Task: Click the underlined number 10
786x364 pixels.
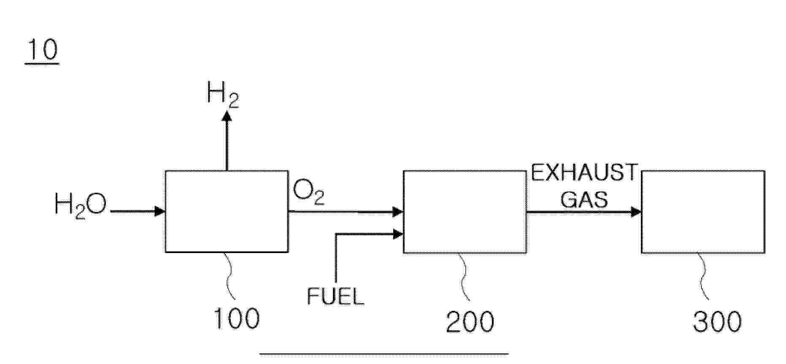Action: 42,50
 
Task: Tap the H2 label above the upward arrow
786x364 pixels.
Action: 223,94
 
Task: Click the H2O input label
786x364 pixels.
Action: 80,205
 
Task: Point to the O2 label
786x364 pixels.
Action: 309,192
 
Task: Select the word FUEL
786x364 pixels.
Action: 335,296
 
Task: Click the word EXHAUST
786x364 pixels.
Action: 584,173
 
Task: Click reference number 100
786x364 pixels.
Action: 237,318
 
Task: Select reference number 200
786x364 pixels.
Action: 470,322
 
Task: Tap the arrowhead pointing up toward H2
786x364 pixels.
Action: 227,116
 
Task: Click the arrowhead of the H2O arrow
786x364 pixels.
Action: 160,211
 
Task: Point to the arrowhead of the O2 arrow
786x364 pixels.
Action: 398,211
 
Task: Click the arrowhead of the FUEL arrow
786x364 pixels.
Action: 398,234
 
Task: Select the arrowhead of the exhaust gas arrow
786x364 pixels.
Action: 636,212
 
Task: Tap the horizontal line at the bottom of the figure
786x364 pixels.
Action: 384,354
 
